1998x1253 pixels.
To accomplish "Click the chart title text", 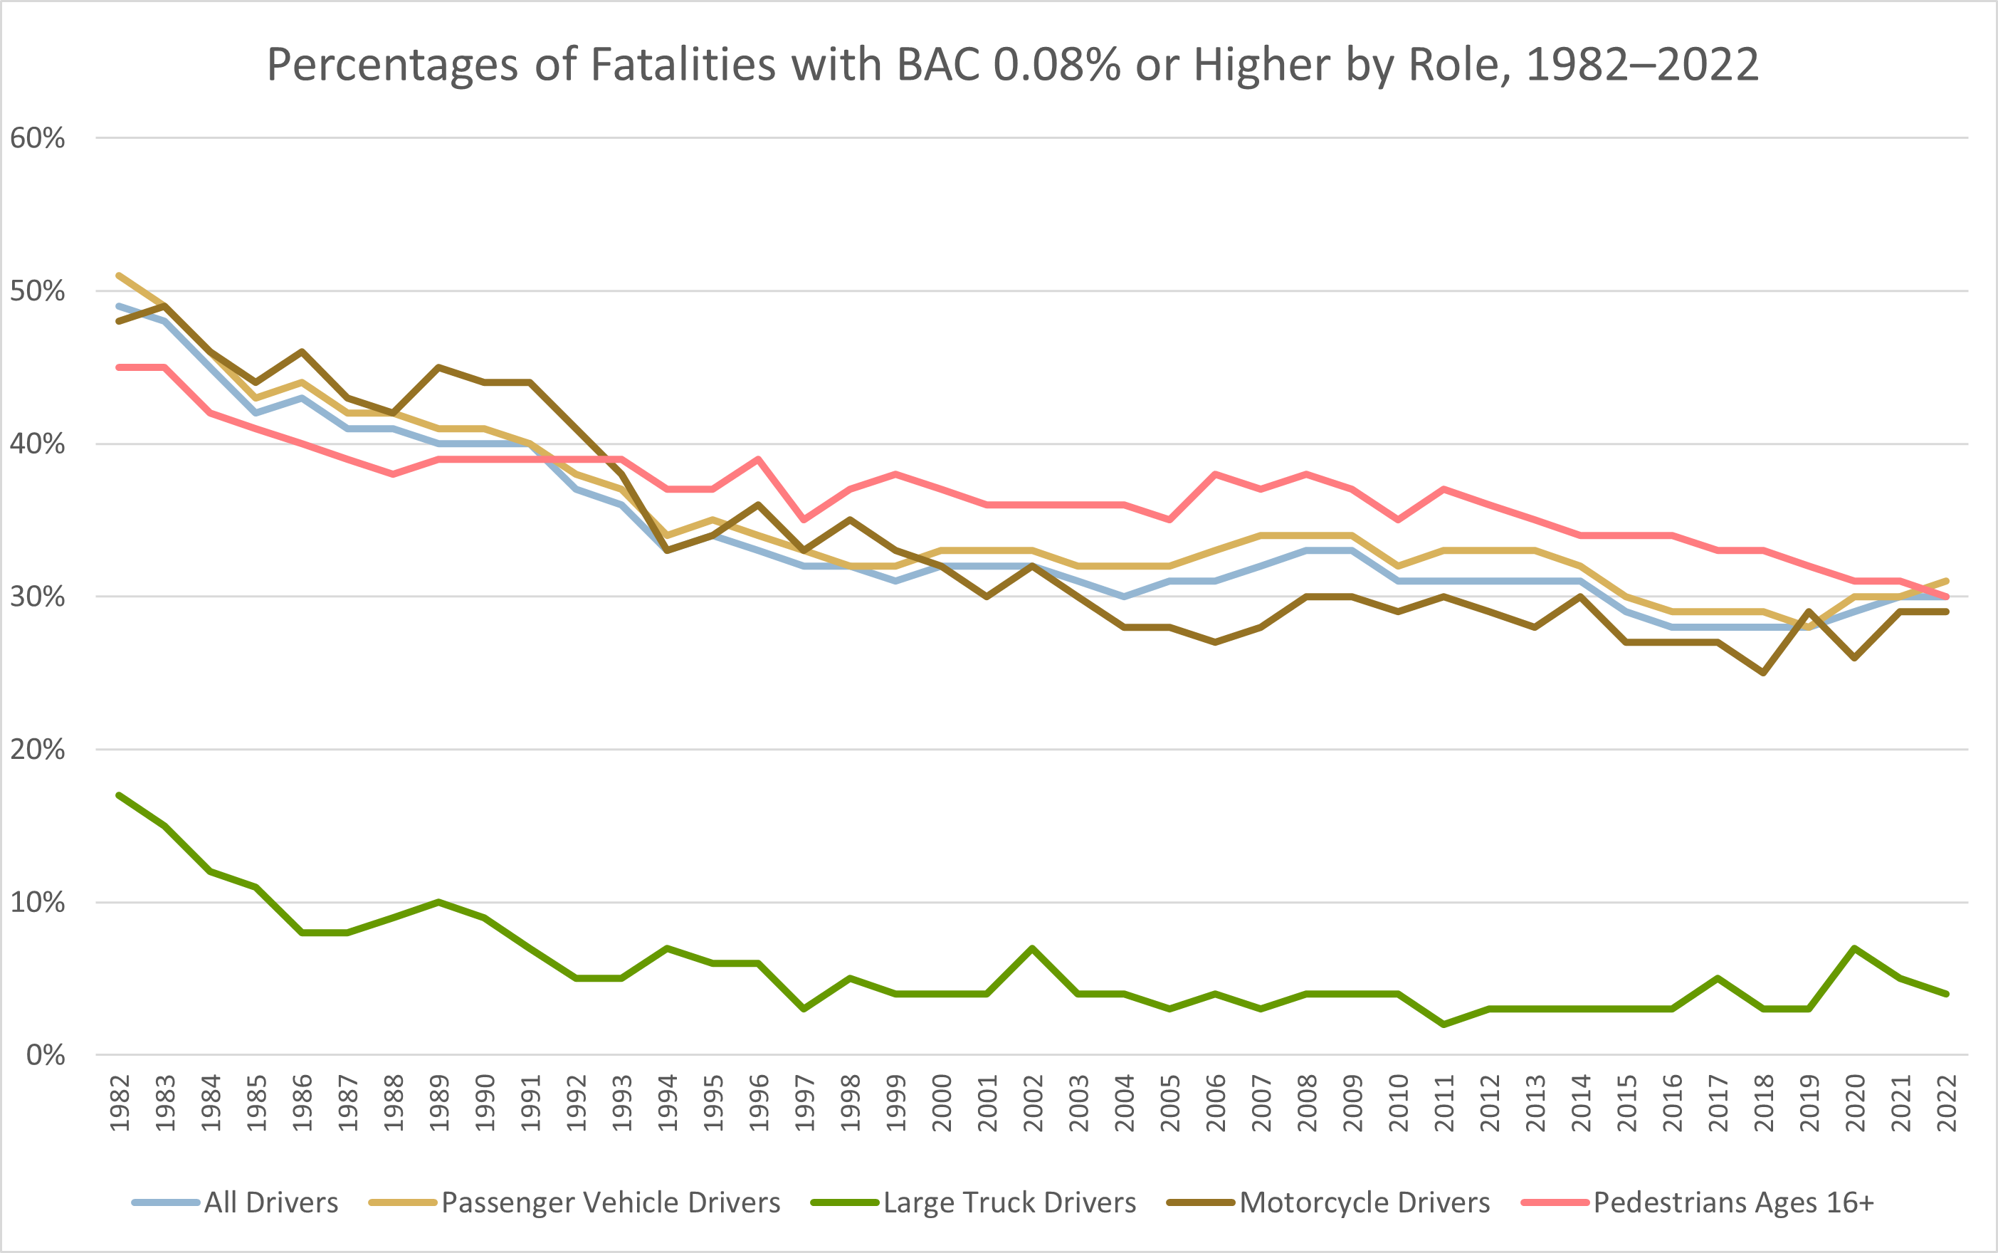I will tap(1012, 65).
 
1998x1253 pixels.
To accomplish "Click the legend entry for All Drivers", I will tap(271, 1202).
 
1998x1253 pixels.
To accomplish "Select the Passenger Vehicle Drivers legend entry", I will tap(611, 1202).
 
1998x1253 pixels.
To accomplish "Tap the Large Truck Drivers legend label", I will tap(1009, 1202).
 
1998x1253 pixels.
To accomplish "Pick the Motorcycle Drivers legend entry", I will tap(1365, 1202).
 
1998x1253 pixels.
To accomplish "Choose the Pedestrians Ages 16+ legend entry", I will tap(1733, 1202).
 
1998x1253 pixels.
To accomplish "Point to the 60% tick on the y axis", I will tap(37, 137).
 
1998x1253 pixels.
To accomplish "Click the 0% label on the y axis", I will tap(45, 1055).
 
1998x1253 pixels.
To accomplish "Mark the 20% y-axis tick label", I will tap(37, 749).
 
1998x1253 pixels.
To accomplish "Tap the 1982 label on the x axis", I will tap(120, 1103).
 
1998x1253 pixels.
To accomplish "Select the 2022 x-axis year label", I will tap(1947, 1103).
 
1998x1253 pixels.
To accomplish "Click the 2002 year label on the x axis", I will tap(1033, 1103).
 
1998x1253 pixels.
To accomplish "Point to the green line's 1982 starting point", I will tap(120, 795).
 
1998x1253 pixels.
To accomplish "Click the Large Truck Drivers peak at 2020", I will tap(1855, 948).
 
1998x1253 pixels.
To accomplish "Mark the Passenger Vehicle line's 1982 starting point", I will tap(120, 275).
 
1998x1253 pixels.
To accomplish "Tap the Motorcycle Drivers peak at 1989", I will tap(439, 367).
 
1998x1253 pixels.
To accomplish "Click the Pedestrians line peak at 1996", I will tap(759, 458).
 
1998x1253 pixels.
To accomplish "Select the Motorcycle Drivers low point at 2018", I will tap(1764, 673).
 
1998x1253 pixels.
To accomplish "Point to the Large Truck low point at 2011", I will tap(1444, 1025).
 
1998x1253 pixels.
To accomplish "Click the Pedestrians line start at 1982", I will tap(120, 367).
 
